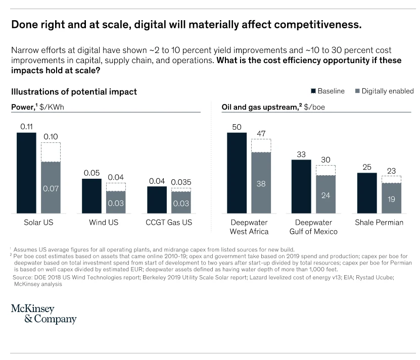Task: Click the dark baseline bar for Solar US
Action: click(x=27, y=173)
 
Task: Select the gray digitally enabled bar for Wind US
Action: click(x=116, y=202)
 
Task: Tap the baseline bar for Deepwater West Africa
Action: click(x=237, y=173)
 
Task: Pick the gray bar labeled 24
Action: click(x=325, y=194)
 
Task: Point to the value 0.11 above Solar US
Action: click(x=27, y=126)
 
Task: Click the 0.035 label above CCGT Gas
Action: click(x=180, y=182)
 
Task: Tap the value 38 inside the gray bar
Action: click(x=261, y=184)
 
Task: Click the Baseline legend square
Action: click(x=313, y=91)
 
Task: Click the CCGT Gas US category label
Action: click(x=169, y=223)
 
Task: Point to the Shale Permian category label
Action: click(x=379, y=223)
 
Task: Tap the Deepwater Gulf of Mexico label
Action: click(x=314, y=227)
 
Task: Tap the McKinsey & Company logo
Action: click(x=43, y=314)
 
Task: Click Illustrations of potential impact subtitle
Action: click(x=74, y=92)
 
